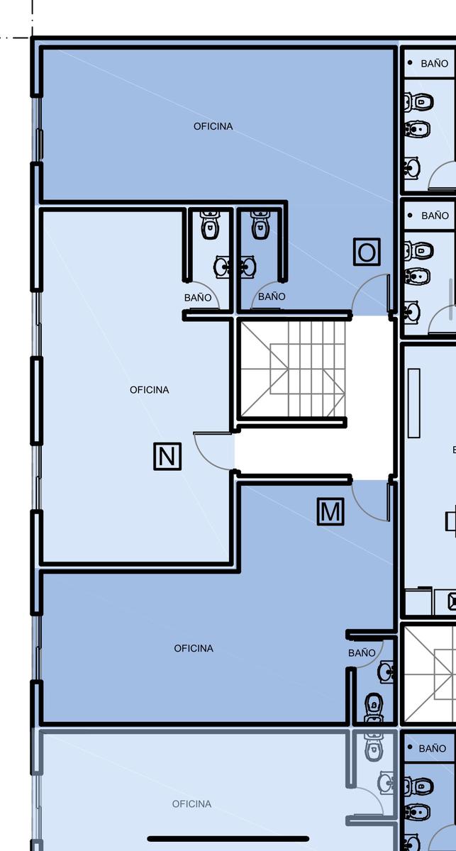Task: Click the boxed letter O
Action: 367,252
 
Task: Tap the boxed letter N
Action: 167,456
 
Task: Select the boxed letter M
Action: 330,511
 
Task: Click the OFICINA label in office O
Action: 213,126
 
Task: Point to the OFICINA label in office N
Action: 150,390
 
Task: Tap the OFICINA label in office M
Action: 194,648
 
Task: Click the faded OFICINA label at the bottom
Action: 191,804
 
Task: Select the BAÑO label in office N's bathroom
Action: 198,297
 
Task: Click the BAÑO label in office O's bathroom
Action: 272,296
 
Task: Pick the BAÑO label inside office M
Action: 362,652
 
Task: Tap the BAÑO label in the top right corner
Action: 434,63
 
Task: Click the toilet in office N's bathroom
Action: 210,225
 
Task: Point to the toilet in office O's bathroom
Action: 260,225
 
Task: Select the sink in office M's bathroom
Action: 386,672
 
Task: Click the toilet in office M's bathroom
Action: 374,708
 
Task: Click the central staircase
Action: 292,369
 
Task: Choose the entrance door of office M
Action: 371,501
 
